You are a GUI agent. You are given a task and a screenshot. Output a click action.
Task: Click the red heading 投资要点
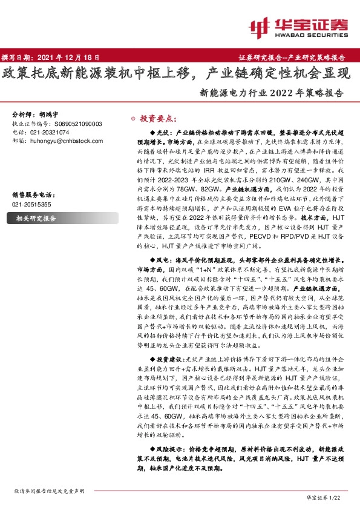pos(158,119)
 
